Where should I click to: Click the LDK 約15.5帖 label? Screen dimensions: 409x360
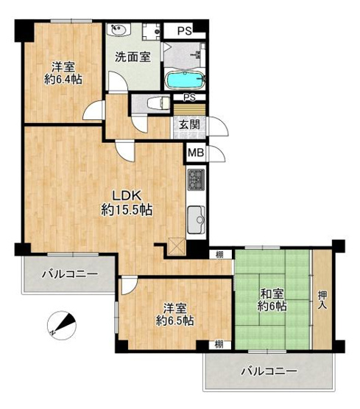[x=127, y=203]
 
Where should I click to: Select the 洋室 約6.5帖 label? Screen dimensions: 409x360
[x=174, y=314]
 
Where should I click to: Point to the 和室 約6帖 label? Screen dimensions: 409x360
[x=273, y=300]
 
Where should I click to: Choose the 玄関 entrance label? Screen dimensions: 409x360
[x=188, y=125]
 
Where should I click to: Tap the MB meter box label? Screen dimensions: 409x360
[x=194, y=153]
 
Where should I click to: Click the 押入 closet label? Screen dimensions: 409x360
[x=322, y=300]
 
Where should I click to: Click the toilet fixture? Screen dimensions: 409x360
[x=154, y=104]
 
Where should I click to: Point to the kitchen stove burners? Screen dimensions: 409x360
[x=197, y=179]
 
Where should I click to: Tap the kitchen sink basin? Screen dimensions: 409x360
[x=197, y=220]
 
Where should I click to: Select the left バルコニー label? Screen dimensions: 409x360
[x=69, y=274]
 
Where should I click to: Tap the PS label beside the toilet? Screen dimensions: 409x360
[x=189, y=97]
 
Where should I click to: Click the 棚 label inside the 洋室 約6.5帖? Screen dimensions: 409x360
[x=219, y=344]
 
